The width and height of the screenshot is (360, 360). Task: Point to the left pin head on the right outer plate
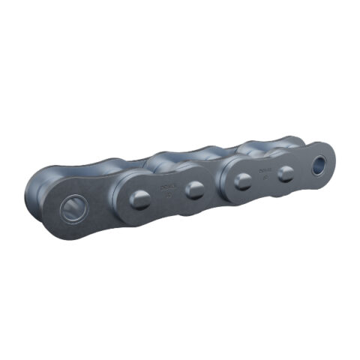click(242, 181)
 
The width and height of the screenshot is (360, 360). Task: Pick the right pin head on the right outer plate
click(286, 174)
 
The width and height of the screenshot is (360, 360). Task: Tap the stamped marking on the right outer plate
click(263, 173)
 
